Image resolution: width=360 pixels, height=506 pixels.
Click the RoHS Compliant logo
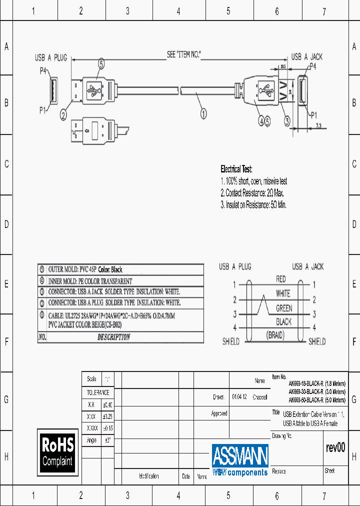pyautogui.click(x=58, y=451)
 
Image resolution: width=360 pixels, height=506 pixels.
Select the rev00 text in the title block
pyautogui.click(x=335, y=448)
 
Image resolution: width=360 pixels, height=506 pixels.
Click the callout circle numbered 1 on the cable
pyautogui.click(x=204, y=113)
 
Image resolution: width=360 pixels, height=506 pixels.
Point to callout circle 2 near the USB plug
pyautogui.click(x=63, y=115)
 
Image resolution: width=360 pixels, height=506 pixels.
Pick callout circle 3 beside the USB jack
pyautogui.click(x=287, y=120)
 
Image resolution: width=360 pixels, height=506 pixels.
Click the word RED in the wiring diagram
pyautogui.click(x=281, y=279)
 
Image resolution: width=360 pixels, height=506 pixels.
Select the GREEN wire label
pyautogui.click(x=284, y=308)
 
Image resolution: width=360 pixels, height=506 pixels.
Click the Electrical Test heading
pyautogui.click(x=236, y=169)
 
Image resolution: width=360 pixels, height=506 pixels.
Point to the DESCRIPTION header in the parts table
pyautogui.click(x=113, y=337)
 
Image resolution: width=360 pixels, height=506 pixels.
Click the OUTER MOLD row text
pyautogui.click(x=85, y=269)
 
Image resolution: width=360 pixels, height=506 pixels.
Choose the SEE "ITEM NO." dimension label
pyautogui.click(x=183, y=54)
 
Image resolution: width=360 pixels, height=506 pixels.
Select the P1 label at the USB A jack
pyautogui.click(x=313, y=115)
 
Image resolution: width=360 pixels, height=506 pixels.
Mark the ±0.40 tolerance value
pyautogui.click(x=107, y=404)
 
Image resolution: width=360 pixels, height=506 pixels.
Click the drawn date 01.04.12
pyautogui.click(x=239, y=397)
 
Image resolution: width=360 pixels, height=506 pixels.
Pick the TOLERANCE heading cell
pyautogui.click(x=98, y=392)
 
